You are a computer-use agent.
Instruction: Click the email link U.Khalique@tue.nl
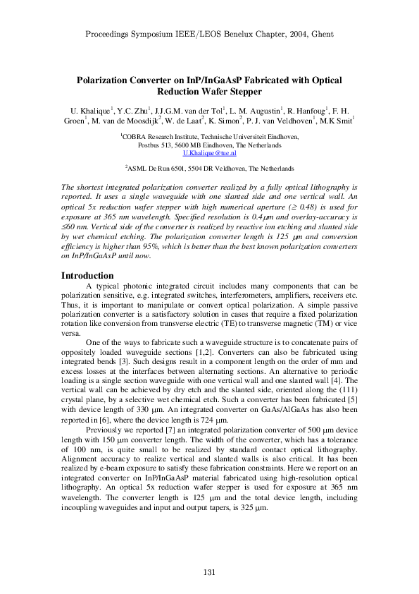pyautogui.click(x=209, y=152)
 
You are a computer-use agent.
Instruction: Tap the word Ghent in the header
pyautogui.click(x=318, y=34)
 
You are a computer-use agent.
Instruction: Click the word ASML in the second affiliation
pyautogui.click(x=139, y=170)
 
